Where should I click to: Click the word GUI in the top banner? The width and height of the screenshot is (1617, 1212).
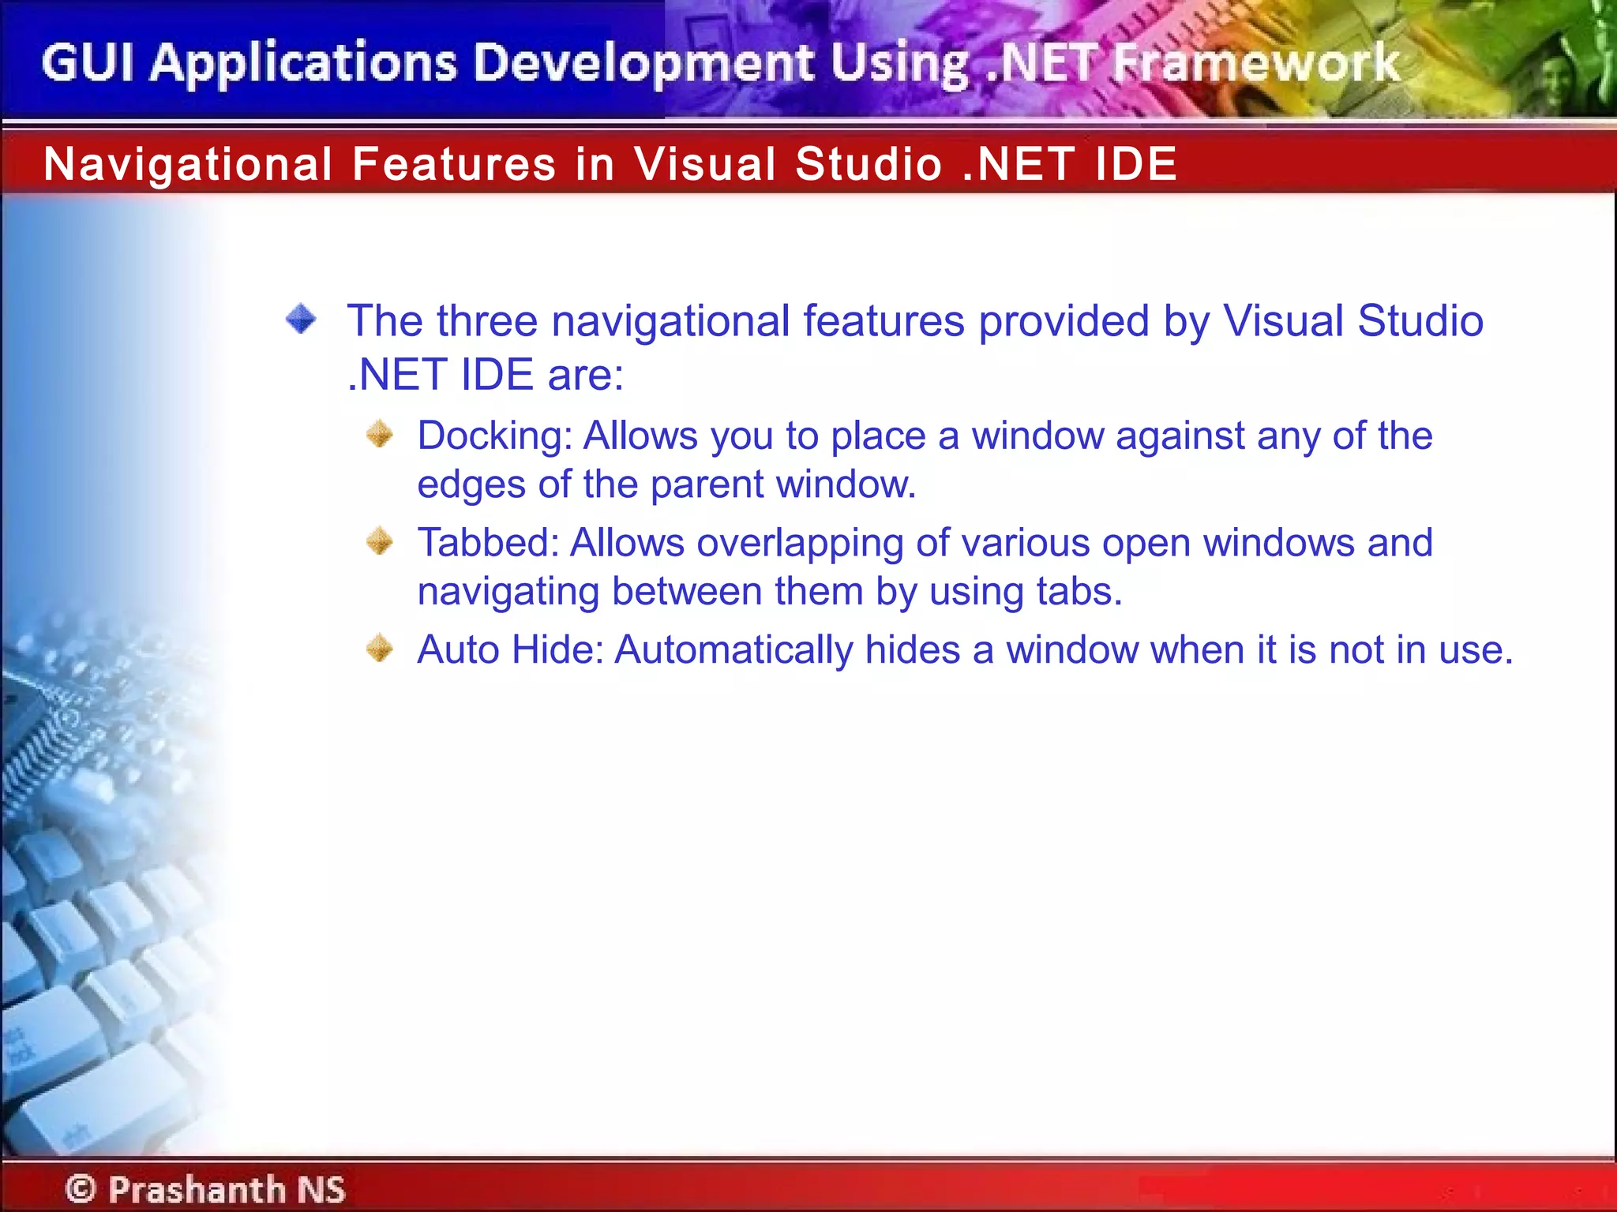[87, 62]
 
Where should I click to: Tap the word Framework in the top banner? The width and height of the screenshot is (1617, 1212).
[1255, 62]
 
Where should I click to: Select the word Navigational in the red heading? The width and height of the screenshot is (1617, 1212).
[188, 164]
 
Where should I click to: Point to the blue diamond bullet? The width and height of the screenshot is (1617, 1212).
[301, 320]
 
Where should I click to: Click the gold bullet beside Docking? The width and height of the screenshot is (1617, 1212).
[380, 434]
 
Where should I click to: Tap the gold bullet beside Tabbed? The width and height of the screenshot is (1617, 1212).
[380, 541]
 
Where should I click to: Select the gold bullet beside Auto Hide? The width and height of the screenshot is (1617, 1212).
[380, 649]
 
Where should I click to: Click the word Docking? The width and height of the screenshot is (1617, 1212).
[494, 436]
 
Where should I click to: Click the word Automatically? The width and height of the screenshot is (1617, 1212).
[733, 651]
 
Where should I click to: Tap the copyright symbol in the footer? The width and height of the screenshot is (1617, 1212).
[81, 1188]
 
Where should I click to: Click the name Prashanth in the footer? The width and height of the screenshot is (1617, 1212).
[197, 1188]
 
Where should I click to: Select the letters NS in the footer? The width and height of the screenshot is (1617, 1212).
[321, 1188]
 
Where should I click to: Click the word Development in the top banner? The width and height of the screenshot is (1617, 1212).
[643, 62]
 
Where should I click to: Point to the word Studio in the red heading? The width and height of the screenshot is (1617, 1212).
[869, 164]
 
